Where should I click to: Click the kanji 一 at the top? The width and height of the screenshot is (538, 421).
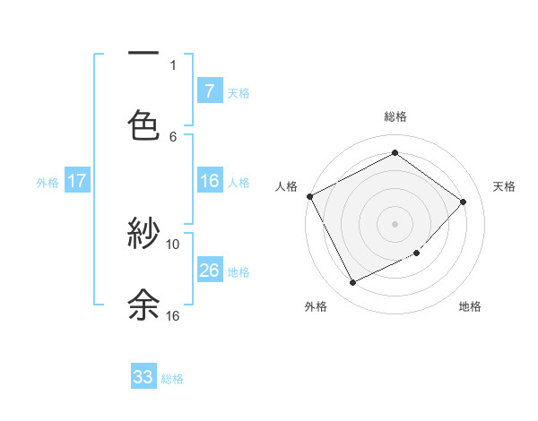(x=143, y=55)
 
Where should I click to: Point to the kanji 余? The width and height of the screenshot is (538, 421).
(x=143, y=305)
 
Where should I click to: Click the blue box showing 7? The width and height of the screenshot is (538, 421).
(x=209, y=90)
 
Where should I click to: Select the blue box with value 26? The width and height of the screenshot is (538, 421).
(x=209, y=271)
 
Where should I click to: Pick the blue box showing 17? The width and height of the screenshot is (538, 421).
(x=77, y=181)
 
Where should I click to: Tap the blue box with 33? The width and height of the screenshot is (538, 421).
(x=143, y=377)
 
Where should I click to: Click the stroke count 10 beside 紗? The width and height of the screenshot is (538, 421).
(x=173, y=244)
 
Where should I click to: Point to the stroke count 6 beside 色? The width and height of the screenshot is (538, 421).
(x=173, y=136)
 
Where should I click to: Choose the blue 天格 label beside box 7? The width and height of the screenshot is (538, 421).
(x=239, y=92)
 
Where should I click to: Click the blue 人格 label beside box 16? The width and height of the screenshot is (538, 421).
(x=239, y=183)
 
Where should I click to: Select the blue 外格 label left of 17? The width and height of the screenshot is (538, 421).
(x=48, y=183)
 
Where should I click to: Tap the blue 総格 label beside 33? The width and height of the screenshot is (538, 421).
(x=172, y=379)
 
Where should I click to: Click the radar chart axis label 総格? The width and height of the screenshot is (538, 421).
(x=395, y=116)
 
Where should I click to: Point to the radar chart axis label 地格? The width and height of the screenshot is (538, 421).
(x=470, y=306)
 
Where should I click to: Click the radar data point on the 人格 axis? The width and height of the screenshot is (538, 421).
(x=309, y=196)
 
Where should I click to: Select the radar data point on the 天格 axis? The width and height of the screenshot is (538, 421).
(x=464, y=202)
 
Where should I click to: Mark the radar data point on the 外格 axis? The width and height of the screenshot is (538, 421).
(x=352, y=283)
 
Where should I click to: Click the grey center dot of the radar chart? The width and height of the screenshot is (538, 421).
(x=395, y=224)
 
